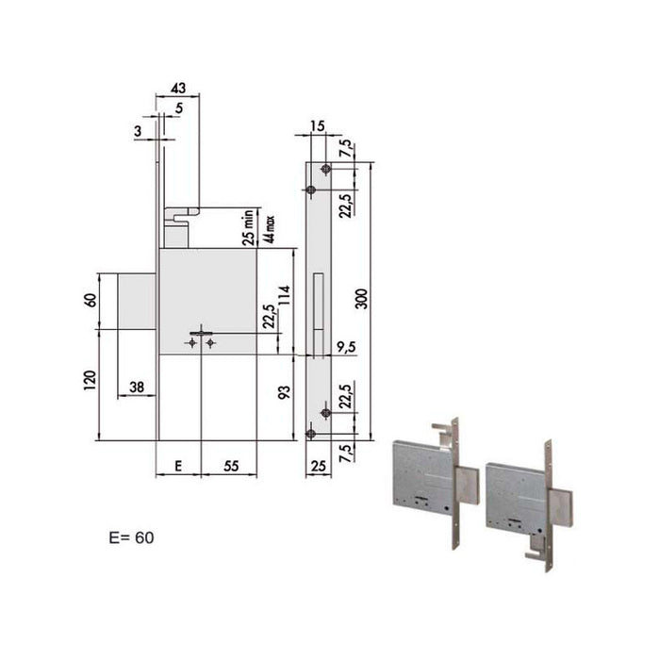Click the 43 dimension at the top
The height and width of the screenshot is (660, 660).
[x=177, y=87]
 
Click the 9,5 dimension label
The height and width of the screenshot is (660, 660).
[x=345, y=346]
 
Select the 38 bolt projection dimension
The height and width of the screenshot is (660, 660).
[x=136, y=386]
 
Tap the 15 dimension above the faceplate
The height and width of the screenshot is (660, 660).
[x=315, y=126]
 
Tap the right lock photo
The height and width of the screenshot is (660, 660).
[x=521, y=488]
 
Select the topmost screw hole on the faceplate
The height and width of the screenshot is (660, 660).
[x=325, y=169]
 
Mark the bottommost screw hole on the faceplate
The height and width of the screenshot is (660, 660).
[x=311, y=434]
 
